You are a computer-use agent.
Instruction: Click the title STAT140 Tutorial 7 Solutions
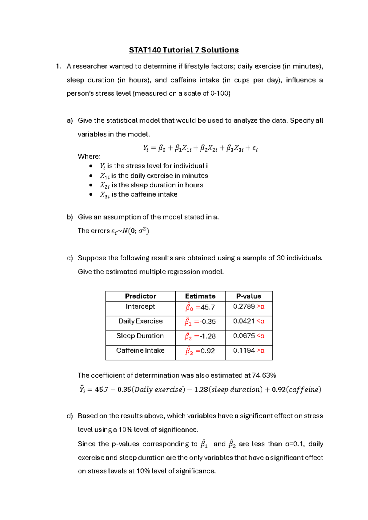[x=184, y=50]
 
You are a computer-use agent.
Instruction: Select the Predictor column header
[x=140, y=296]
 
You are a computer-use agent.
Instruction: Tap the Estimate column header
[x=200, y=296]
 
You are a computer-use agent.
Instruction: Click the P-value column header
[x=249, y=296]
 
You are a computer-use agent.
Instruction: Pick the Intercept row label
[x=140, y=306]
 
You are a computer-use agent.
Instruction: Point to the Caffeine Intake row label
[x=140, y=350]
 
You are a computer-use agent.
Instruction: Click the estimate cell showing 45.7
[x=200, y=307]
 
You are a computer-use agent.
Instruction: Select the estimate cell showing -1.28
[x=200, y=336]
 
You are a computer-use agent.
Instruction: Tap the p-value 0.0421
[x=244, y=321]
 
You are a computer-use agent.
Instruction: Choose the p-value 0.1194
[x=244, y=350]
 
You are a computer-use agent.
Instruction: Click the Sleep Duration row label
[x=140, y=336]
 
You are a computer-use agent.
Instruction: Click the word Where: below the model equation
[x=89, y=157]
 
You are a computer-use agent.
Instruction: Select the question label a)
[x=70, y=120]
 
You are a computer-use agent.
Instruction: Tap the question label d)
[x=70, y=416]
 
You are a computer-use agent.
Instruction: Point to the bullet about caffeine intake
[x=139, y=195]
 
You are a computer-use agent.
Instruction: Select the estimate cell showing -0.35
[x=200, y=322]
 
